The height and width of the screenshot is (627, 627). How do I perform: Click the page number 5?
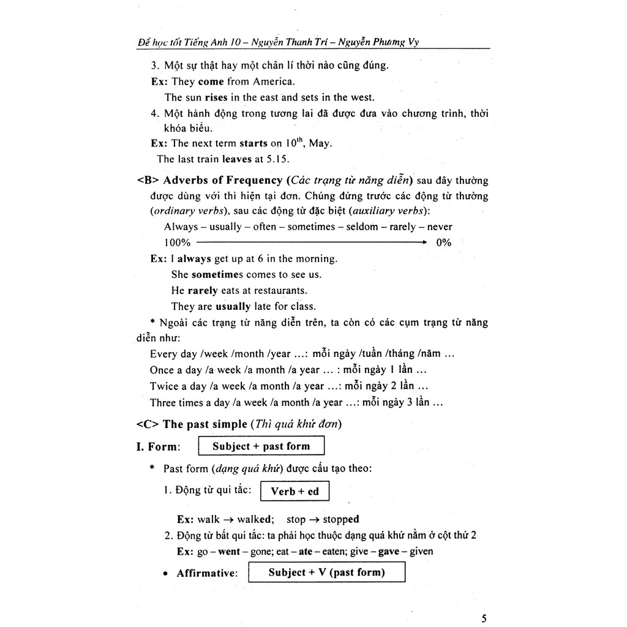[484, 618]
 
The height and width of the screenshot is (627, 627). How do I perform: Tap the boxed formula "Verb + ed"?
[295, 491]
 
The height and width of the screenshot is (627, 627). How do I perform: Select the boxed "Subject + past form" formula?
[261, 446]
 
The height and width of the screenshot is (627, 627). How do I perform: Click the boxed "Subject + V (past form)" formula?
[327, 573]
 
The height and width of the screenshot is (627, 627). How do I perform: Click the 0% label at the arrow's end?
[443, 242]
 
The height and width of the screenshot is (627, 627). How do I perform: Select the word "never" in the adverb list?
[440, 227]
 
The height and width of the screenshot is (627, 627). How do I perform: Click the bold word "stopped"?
[341, 519]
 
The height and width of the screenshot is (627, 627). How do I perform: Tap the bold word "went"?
[229, 551]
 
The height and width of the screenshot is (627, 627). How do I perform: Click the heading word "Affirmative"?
[206, 574]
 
